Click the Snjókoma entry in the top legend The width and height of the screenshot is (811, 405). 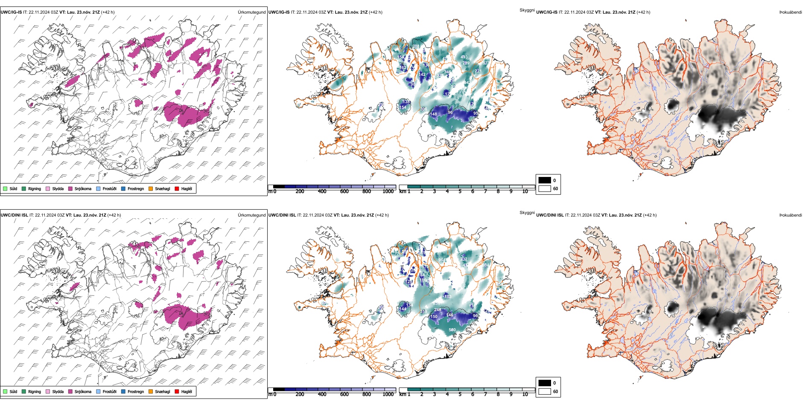point(82,189)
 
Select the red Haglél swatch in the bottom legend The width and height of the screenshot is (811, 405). point(177,392)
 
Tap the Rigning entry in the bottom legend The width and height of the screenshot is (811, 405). point(34,392)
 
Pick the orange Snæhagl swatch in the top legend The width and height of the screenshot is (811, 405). point(151,189)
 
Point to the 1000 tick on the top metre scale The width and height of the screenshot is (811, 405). point(388,191)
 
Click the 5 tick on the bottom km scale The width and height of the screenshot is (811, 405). point(460,394)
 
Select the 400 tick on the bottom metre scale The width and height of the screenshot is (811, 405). point(322,394)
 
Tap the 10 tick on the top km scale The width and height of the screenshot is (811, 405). point(525,191)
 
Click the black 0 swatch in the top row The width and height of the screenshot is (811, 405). point(545,180)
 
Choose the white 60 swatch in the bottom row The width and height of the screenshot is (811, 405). point(545,391)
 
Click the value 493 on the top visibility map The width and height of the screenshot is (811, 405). point(464,57)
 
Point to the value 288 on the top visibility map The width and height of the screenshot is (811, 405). point(416,46)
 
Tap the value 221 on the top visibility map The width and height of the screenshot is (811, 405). point(478,71)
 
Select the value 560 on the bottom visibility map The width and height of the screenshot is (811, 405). point(452,330)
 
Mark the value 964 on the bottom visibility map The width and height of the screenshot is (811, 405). point(442,260)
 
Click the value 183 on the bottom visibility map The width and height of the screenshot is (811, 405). point(448,297)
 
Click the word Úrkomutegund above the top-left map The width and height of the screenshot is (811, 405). point(251,12)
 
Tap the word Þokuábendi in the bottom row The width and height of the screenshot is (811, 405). point(791,215)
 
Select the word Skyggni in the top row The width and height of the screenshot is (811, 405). point(527,10)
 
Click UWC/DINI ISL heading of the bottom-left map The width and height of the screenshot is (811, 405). point(14,215)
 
